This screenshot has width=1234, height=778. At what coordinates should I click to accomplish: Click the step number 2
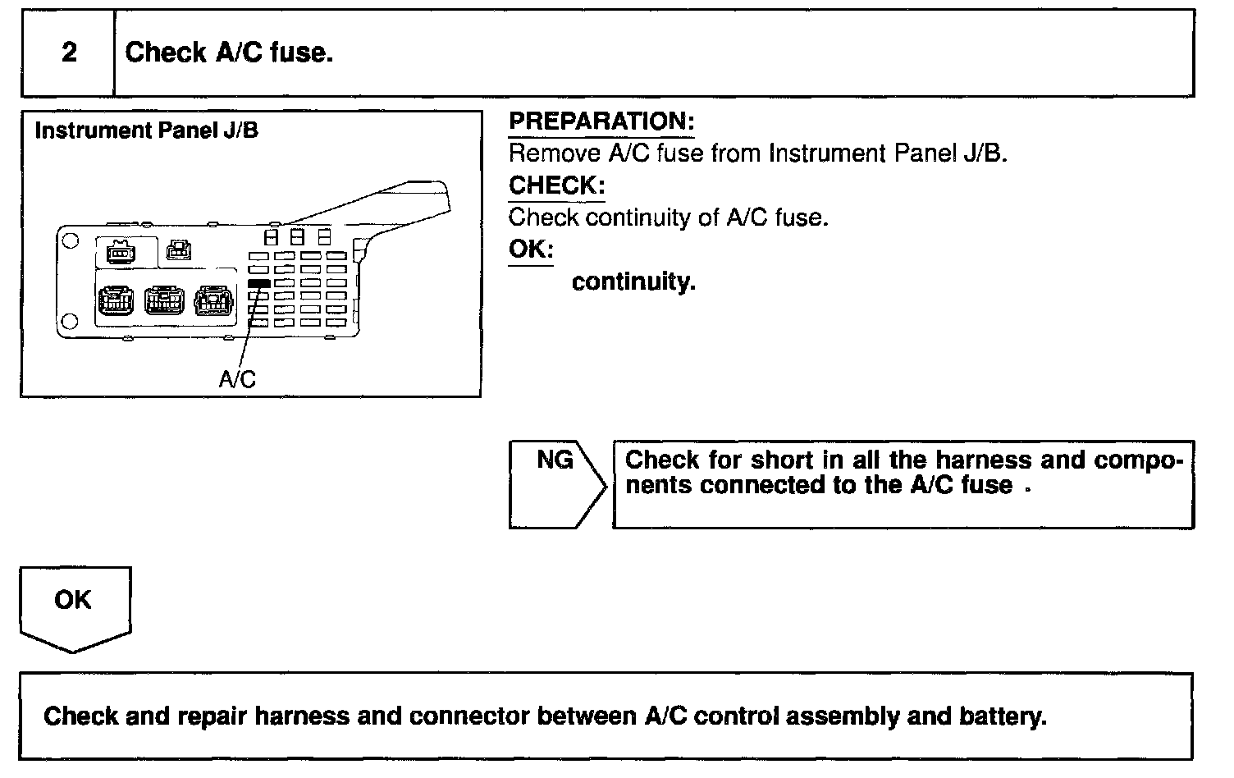coord(70,53)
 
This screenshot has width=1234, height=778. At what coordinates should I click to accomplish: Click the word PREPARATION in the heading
coord(600,121)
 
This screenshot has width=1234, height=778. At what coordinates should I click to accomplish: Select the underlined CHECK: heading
coord(555,186)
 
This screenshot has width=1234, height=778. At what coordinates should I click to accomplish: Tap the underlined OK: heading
coord(530,249)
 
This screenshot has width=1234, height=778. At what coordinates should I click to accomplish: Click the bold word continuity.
coord(633,282)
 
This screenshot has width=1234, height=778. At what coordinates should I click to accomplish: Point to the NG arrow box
coord(558,484)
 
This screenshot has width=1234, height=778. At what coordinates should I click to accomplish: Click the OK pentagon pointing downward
coord(75,608)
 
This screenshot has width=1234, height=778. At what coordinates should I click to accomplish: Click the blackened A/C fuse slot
coord(258,283)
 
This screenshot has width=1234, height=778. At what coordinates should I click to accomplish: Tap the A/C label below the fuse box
coord(237,379)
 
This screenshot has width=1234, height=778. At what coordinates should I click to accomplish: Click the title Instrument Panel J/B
coord(147,131)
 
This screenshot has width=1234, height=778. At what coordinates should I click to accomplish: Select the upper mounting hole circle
coord(71,241)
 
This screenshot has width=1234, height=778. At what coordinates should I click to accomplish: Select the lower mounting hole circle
coord(71,321)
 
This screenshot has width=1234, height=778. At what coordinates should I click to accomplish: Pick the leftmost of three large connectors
coord(113,300)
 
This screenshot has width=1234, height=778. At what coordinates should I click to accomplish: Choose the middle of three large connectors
coord(164,300)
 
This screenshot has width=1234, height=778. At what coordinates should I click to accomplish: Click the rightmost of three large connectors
coord(213,300)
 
